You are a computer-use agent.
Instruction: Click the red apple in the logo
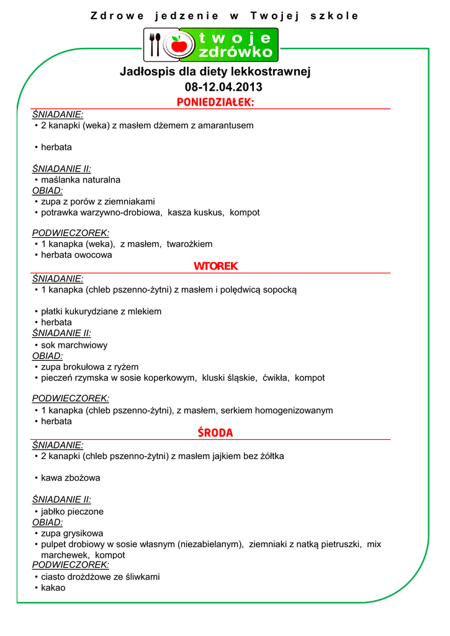click(179, 45)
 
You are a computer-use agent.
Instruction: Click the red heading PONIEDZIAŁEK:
click(215, 102)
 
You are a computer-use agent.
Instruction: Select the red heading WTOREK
click(215, 266)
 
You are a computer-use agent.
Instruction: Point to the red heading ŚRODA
click(215, 432)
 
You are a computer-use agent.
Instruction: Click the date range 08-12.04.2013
click(223, 87)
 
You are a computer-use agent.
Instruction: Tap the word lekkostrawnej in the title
click(271, 72)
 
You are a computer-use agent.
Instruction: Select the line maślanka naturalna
click(81, 180)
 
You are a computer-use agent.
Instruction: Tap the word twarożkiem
click(189, 244)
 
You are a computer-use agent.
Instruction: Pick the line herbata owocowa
click(76, 255)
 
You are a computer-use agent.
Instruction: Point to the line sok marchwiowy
click(74, 345)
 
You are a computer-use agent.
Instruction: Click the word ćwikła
click(276, 378)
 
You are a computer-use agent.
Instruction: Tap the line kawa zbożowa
click(70, 478)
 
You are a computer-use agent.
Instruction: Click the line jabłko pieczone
click(72, 512)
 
